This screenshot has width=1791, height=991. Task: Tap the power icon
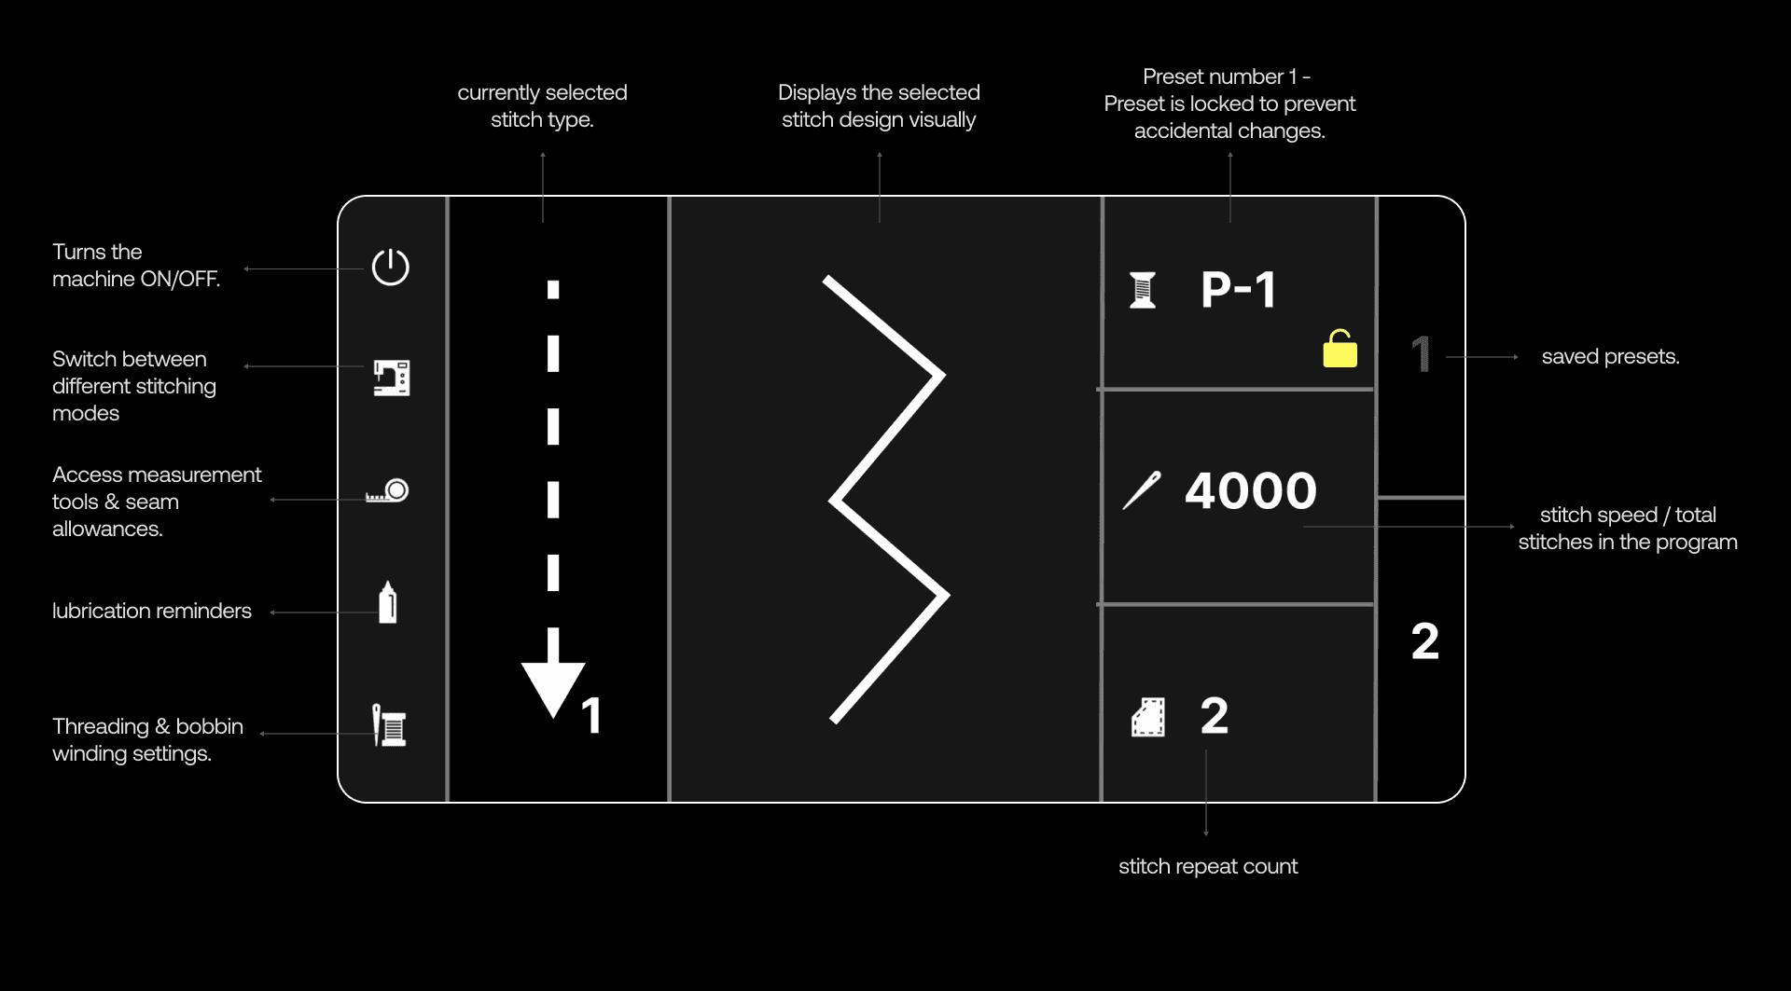[x=390, y=268]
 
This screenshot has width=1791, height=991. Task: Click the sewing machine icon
[x=392, y=378]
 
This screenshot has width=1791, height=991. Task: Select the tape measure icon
[x=388, y=490]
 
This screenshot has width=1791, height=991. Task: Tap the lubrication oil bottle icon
[x=388, y=602]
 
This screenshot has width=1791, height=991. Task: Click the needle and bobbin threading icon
[x=389, y=725]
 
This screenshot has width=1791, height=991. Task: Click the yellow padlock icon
[x=1340, y=350]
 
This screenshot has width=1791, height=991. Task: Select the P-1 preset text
[x=1238, y=289]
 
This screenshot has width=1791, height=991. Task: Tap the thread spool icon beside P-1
[x=1143, y=290]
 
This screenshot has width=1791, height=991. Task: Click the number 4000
[x=1250, y=490]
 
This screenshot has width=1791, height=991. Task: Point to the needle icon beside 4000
[x=1142, y=490]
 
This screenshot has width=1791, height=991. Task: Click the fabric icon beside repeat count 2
[x=1148, y=717]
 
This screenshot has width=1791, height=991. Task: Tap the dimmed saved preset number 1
[x=1421, y=354]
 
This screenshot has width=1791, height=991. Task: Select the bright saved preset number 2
[x=1424, y=641]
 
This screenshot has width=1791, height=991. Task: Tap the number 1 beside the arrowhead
[x=591, y=716]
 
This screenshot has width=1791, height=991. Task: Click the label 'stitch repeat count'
[x=1207, y=866]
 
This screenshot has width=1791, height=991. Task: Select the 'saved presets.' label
[x=1610, y=356]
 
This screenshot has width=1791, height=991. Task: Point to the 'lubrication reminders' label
[x=152, y=611]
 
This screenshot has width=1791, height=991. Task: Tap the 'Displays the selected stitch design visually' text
[x=879, y=105]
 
